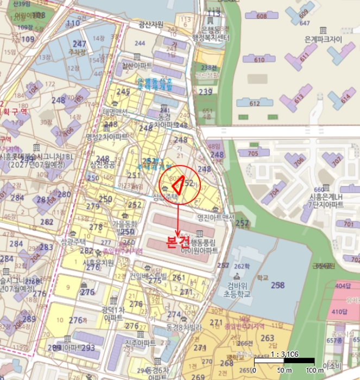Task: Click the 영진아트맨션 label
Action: [216, 218]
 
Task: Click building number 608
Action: [262, 16]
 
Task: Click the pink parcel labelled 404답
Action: [343, 286]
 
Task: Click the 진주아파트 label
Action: [140, 343]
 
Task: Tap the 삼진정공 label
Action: [103, 164]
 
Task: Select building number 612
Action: [254, 103]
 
